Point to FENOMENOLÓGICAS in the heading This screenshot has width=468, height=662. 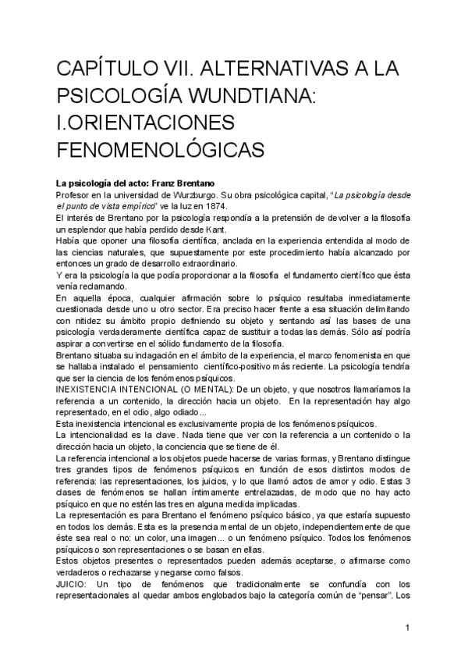(x=162, y=148)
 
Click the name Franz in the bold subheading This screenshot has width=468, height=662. (x=168, y=182)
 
